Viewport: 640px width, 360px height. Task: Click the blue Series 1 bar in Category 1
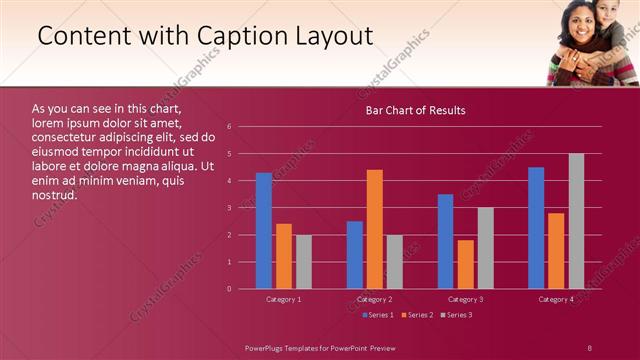(x=263, y=231)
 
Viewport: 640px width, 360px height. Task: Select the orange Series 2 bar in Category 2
(x=375, y=229)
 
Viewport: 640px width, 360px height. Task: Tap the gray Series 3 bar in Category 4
(x=576, y=221)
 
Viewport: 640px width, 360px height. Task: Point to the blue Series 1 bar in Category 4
(x=536, y=228)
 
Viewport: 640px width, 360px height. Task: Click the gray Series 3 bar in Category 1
(x=303, y=262)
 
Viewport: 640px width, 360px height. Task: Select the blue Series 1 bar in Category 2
(x=355, y=255)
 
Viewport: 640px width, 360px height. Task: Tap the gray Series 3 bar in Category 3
(x=486, y=248)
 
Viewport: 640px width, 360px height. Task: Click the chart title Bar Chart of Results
(x=414, y=110)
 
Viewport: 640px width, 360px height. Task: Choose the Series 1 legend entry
(x=379, y=315)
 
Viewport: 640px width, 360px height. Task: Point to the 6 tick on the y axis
(x=230, y=127)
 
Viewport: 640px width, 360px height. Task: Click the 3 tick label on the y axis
(x=230, y=208)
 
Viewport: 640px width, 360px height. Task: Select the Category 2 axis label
(x=375, y=299)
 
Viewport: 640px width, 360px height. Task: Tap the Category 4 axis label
(x=556, y=299)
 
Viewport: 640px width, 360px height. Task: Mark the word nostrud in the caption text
(x=55, y=194)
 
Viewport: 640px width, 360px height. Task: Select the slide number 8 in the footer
(x=589, y=346)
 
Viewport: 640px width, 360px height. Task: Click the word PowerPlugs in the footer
(x=264, y=346)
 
